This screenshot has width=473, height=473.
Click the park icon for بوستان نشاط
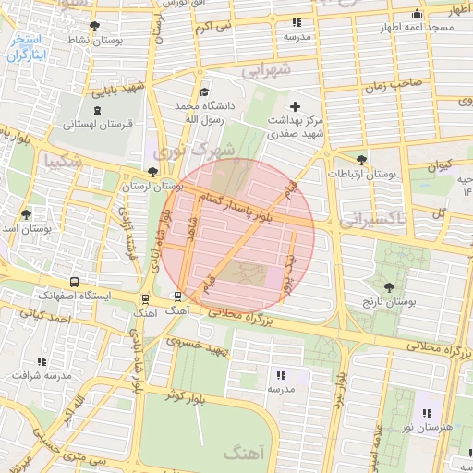tap(93, 26)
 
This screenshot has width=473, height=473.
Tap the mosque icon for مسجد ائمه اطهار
tap(418, 13)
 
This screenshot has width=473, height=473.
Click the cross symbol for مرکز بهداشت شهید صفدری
tap(296, 106)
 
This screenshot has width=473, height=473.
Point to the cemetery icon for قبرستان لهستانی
tap(98, 110)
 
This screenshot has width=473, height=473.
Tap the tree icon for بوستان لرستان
tap(152, 171)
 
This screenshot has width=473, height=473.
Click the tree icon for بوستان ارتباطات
tap(361, 159)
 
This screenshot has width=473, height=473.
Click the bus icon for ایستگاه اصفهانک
tap(74, 282)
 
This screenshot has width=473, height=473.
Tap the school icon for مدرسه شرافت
tap(42, 361)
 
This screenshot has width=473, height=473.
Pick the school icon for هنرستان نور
tap(426, 413)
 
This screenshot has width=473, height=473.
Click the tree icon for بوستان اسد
tap(27, 213)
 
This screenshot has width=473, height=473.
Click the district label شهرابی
tap(266, 69)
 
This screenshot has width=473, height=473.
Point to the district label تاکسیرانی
tap(373, 219)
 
